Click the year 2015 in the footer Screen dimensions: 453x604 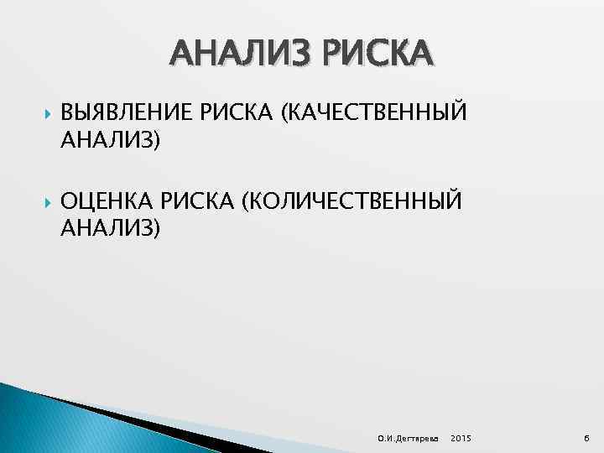(x=461, y=439)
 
